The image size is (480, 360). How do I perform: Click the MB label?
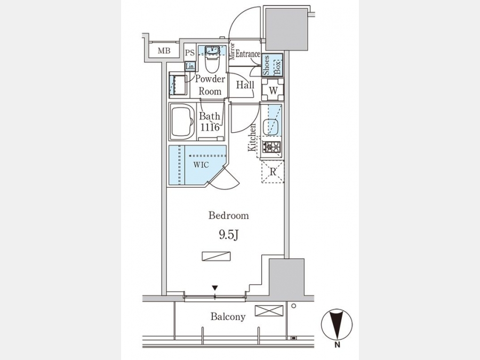pos(164,51)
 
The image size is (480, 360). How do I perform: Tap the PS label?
pos(189,53)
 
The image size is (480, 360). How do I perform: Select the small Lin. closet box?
pos(190,67)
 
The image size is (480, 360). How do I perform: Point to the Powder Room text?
pos(210,85)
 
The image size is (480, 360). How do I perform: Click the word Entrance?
pos(247,54)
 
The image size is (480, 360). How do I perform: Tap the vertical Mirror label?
pos(232,51)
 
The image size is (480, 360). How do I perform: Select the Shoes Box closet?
pos(272,65)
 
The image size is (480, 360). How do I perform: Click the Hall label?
pos(245,85)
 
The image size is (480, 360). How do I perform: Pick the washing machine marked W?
pos(273,90)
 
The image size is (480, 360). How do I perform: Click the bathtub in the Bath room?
pos(182,122)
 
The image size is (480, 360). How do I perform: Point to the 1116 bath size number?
pos(210,127)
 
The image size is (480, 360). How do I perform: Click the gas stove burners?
pos(271,147)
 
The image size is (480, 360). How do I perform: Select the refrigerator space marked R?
pos(273,172)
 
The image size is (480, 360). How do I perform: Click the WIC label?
pos(201,165)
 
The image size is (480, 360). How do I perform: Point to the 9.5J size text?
pos(228,235)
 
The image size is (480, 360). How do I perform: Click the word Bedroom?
pos(229,215)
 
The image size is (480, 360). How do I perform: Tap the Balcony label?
pos(228,316)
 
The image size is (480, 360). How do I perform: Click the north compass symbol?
pos(337,324)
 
